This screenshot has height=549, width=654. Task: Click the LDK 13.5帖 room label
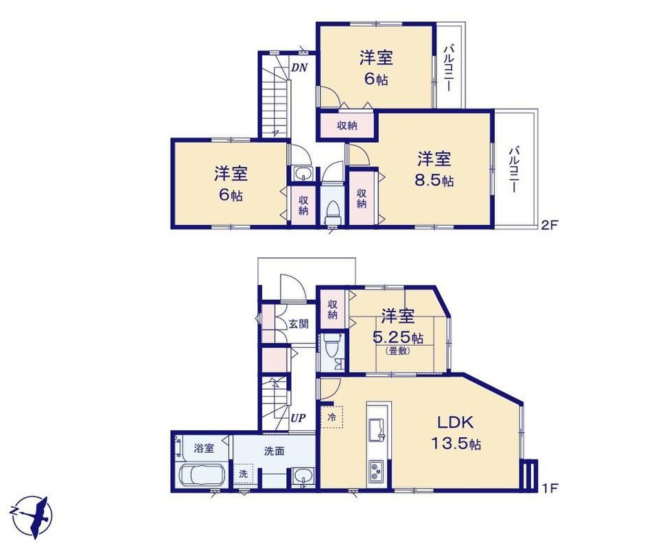(x=456, y=432)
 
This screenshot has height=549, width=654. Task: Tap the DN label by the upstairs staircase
(x=299, y=67)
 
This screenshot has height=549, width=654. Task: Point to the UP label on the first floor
(x=299, y=418)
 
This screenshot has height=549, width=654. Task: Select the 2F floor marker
(x=549, y=225)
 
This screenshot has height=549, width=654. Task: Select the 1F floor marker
(x=549, y=487)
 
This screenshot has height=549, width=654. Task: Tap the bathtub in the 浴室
(x=202, y=476)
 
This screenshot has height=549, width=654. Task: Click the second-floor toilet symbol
(x=333, y=211)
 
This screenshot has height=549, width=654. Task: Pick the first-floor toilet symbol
(x=330, y=345)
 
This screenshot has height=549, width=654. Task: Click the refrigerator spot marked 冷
(x=331, y=417)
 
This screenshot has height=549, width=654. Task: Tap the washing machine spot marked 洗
(x=243, y=474)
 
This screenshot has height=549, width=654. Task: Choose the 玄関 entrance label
(x=299, y=323)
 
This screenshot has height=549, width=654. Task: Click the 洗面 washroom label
(x=274, y=451)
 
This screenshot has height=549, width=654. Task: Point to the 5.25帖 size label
(x=398, y=337)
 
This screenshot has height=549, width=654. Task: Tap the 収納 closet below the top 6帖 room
(x=347, y=125)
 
